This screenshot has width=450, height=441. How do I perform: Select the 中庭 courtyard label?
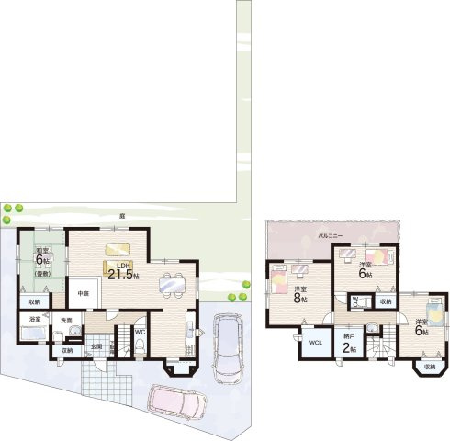(x=82, y=293)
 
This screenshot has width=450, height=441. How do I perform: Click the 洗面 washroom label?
(x=66, y=320)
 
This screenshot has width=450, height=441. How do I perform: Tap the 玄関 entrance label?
(x=96, y=345)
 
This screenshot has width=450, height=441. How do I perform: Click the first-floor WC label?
(x=140, y=332)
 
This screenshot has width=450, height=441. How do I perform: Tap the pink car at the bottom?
(x=179, y=402)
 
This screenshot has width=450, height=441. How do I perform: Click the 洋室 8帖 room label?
(x=299, y=293)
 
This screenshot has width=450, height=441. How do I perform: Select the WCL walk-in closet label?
(x=314, y=343)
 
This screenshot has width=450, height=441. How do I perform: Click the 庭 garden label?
(x=121, y=216)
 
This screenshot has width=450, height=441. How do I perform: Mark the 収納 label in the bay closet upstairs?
(x=429, y=367)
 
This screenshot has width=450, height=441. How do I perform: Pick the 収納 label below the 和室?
(x=34, y=301)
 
